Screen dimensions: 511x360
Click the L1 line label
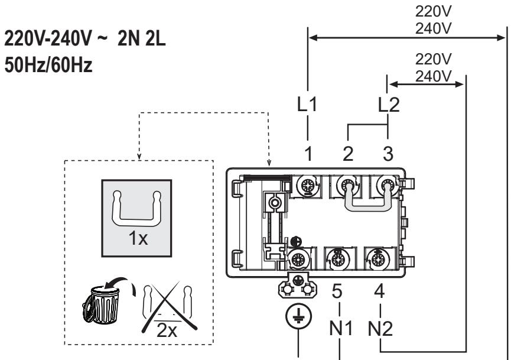307,105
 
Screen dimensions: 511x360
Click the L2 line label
389,105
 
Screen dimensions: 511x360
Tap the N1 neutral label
341,328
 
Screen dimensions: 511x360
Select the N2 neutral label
380,328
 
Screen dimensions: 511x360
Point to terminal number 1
308,154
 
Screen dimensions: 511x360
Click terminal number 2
348,154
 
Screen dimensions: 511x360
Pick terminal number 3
388,154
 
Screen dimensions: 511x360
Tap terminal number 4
379,291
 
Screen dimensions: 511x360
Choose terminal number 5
337,291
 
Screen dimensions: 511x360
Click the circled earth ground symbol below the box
298,316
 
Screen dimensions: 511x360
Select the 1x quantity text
138,238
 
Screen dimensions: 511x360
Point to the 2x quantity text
167,330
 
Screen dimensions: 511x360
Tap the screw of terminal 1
308,186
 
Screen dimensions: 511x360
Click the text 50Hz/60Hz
48,64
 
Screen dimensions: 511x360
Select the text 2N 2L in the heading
141,38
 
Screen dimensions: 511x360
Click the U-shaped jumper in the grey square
137,209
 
